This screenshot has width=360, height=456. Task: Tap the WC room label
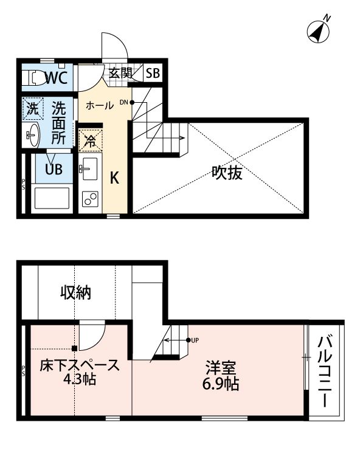coord(55,77)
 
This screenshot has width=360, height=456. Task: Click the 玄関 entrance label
coord(120,74)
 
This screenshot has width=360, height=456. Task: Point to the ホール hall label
coord(99,105)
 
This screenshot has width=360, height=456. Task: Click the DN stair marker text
coord(123,102)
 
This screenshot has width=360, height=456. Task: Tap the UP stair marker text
coord(195,340)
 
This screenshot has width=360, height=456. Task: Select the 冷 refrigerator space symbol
coord(89,141)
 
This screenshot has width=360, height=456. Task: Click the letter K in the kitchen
coord(114,178)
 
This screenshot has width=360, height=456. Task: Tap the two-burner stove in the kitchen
coord(90,198)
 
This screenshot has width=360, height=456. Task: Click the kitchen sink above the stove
coord(89,167)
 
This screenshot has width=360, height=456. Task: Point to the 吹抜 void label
coord(227,173)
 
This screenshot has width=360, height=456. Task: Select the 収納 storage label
coord(75,292)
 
